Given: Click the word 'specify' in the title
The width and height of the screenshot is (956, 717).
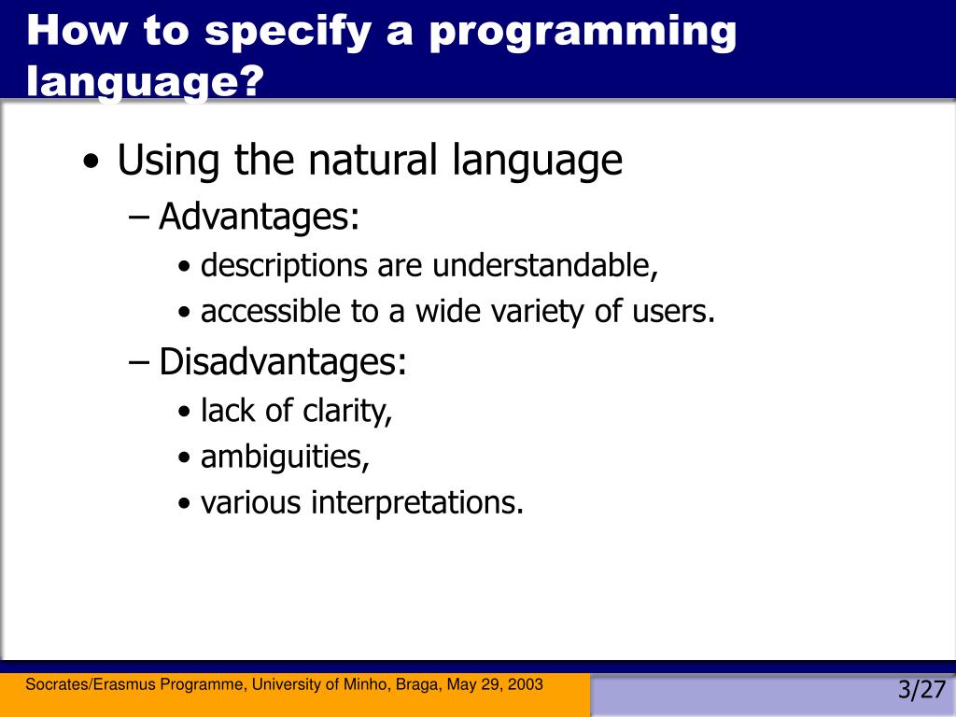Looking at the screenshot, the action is [288, 32].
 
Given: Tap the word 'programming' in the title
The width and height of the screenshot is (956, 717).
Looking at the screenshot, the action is [583, 33].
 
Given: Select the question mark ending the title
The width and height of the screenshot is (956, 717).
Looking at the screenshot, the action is [248, 79].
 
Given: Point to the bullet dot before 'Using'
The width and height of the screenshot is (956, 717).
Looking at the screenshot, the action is [91, 162].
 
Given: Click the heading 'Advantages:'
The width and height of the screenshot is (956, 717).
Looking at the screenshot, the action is [260, 216].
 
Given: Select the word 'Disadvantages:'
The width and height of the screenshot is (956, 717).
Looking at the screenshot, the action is [282, 361].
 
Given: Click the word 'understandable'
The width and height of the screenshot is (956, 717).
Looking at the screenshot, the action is [545, 265].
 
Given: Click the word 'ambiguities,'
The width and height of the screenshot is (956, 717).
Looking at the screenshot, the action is [285, 457].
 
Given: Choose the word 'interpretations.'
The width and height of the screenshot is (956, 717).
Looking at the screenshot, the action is [417, 503].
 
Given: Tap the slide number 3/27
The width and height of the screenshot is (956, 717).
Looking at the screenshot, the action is [921, 690].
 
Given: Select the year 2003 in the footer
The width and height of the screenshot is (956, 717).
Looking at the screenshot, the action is [526, 684].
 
